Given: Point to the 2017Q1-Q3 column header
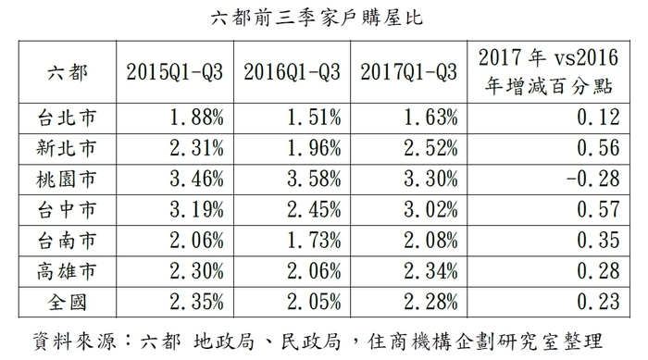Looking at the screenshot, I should (x=408, y=71).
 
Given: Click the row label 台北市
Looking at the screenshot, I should (x=66, y=118).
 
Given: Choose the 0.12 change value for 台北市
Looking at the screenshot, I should (x=592, y=118).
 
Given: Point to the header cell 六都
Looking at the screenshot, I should (x=66, y=71).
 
